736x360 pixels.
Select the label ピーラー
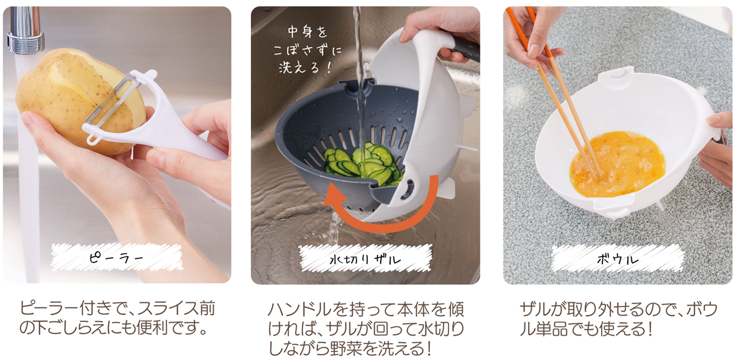117,258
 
